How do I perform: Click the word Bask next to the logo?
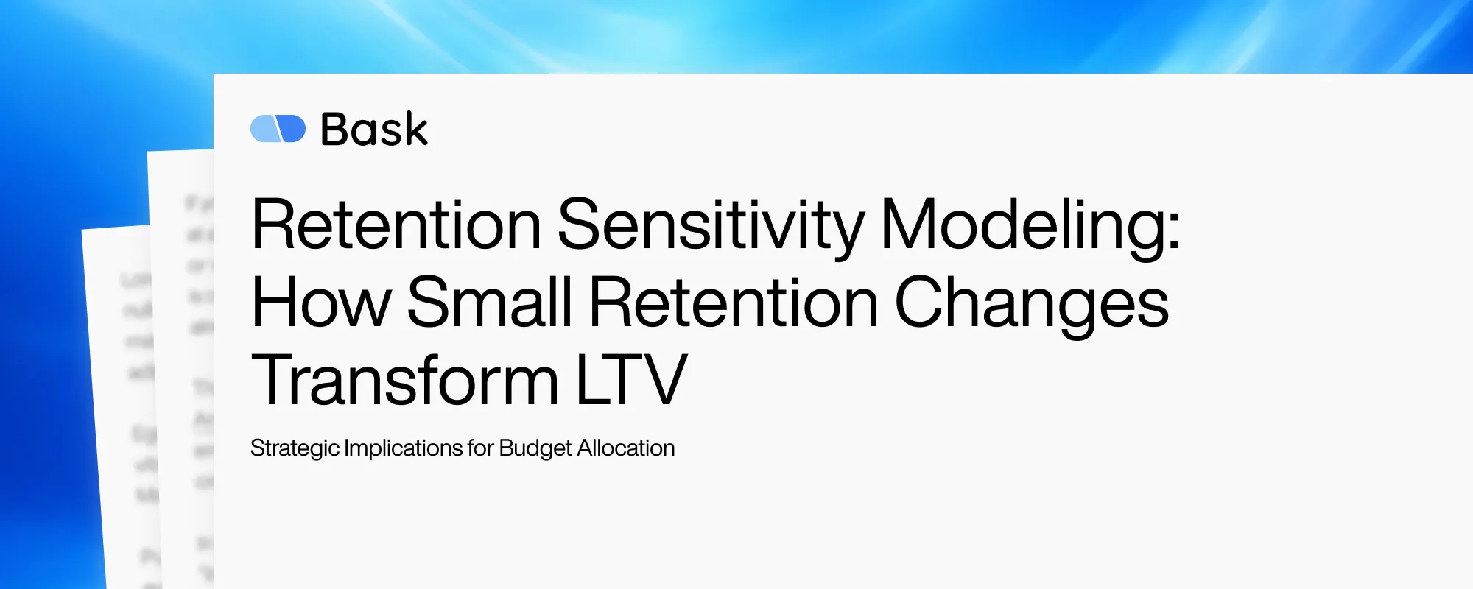(374, 130)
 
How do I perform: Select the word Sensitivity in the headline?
(710, 225)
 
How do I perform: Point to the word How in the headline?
(320, 303)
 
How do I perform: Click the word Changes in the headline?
(1031, 303)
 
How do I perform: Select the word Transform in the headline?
(404, 381)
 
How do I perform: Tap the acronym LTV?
(631, 381)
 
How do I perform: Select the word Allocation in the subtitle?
(625, 448)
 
